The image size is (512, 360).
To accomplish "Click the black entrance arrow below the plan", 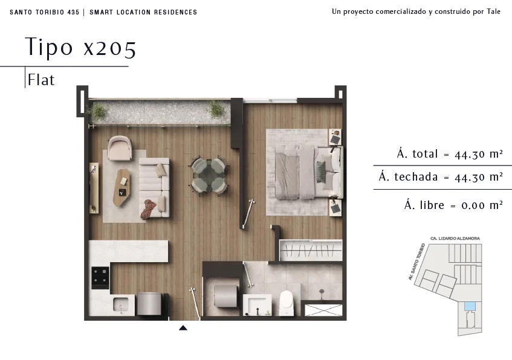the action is point(183,328).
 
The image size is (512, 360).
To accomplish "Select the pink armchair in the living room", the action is point(120,148).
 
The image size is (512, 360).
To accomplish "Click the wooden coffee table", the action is point(122,187).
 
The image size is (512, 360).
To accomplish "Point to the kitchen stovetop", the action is point(100,278).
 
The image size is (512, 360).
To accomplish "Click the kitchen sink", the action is point(120,305).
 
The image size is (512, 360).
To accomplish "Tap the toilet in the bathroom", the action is point(287,303).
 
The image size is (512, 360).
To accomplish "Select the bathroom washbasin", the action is point(258,305).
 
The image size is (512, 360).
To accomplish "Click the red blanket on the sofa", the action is point(149,209).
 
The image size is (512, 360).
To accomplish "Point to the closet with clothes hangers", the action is point(311,250).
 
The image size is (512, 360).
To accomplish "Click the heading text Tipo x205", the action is point(80,47).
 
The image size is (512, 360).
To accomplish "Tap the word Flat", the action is point(41,80).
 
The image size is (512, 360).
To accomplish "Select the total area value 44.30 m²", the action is point(478,154).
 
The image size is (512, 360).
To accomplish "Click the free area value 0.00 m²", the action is point(482,205).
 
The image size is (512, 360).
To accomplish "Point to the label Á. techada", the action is point(408,176).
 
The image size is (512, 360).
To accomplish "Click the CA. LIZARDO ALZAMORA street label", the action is point(455,239).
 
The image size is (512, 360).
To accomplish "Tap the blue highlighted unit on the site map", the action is point(470,306).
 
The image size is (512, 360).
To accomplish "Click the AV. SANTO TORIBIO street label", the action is point(416,262).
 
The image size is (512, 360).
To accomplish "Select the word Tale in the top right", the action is point(493,11).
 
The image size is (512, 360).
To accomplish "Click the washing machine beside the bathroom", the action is point(225,296).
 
